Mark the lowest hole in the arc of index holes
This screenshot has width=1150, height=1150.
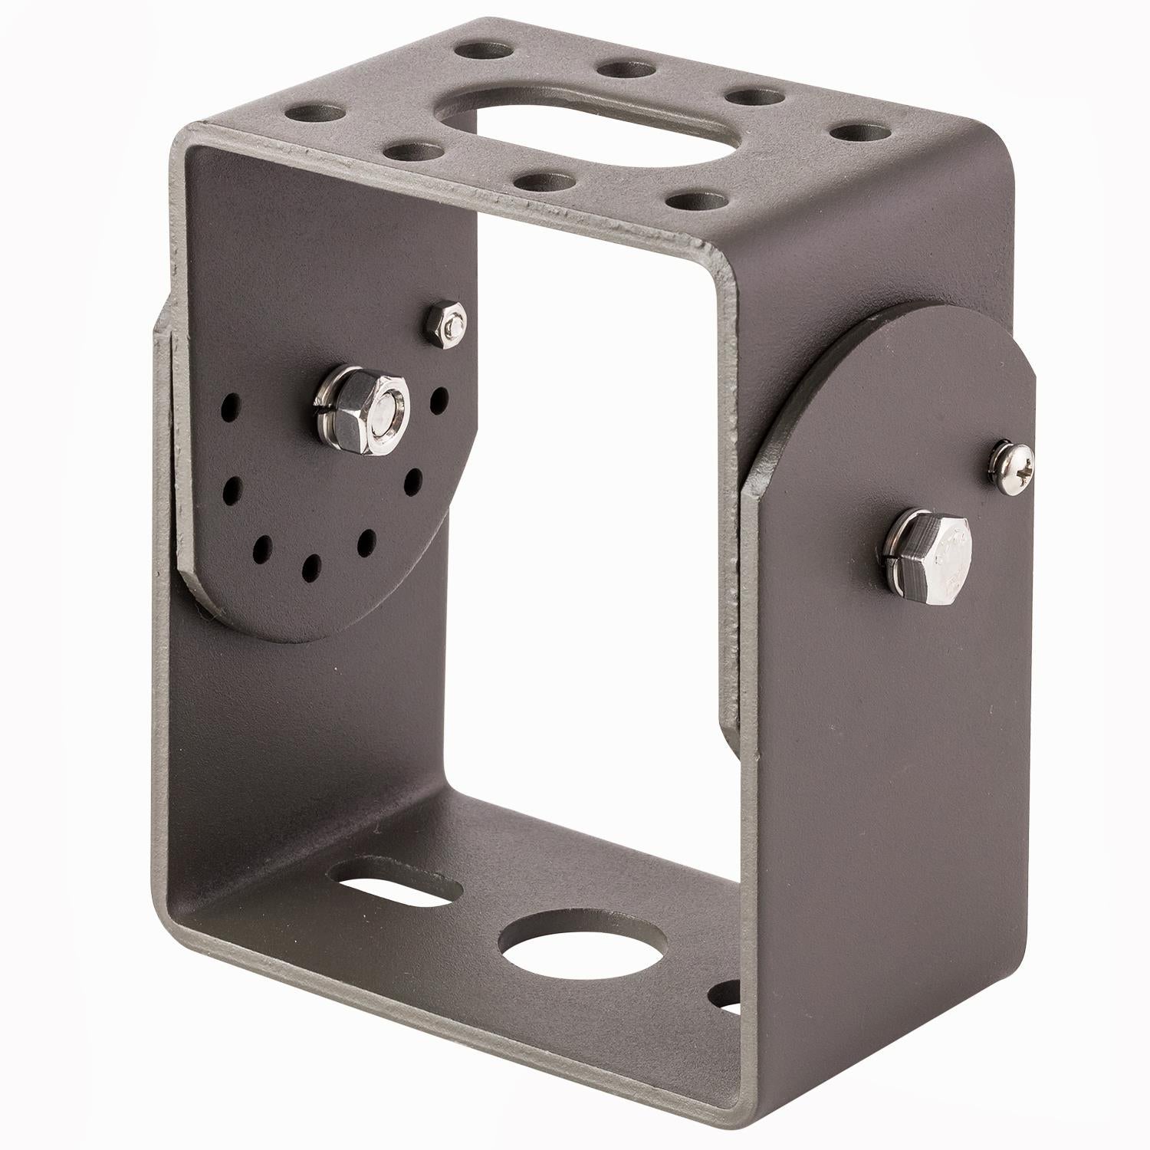[312, 568]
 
